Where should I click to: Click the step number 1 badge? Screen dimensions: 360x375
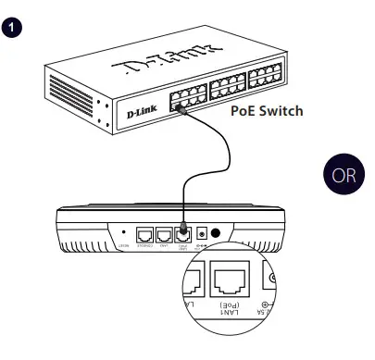(x=13, y=28)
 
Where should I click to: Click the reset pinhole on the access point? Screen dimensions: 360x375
(x=124, y=231)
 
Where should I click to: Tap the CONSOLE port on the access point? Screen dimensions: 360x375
(x=145, y=234)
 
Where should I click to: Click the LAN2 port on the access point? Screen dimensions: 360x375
(x=165, y=234)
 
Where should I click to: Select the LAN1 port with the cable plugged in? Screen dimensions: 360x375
(x=184, y=234)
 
